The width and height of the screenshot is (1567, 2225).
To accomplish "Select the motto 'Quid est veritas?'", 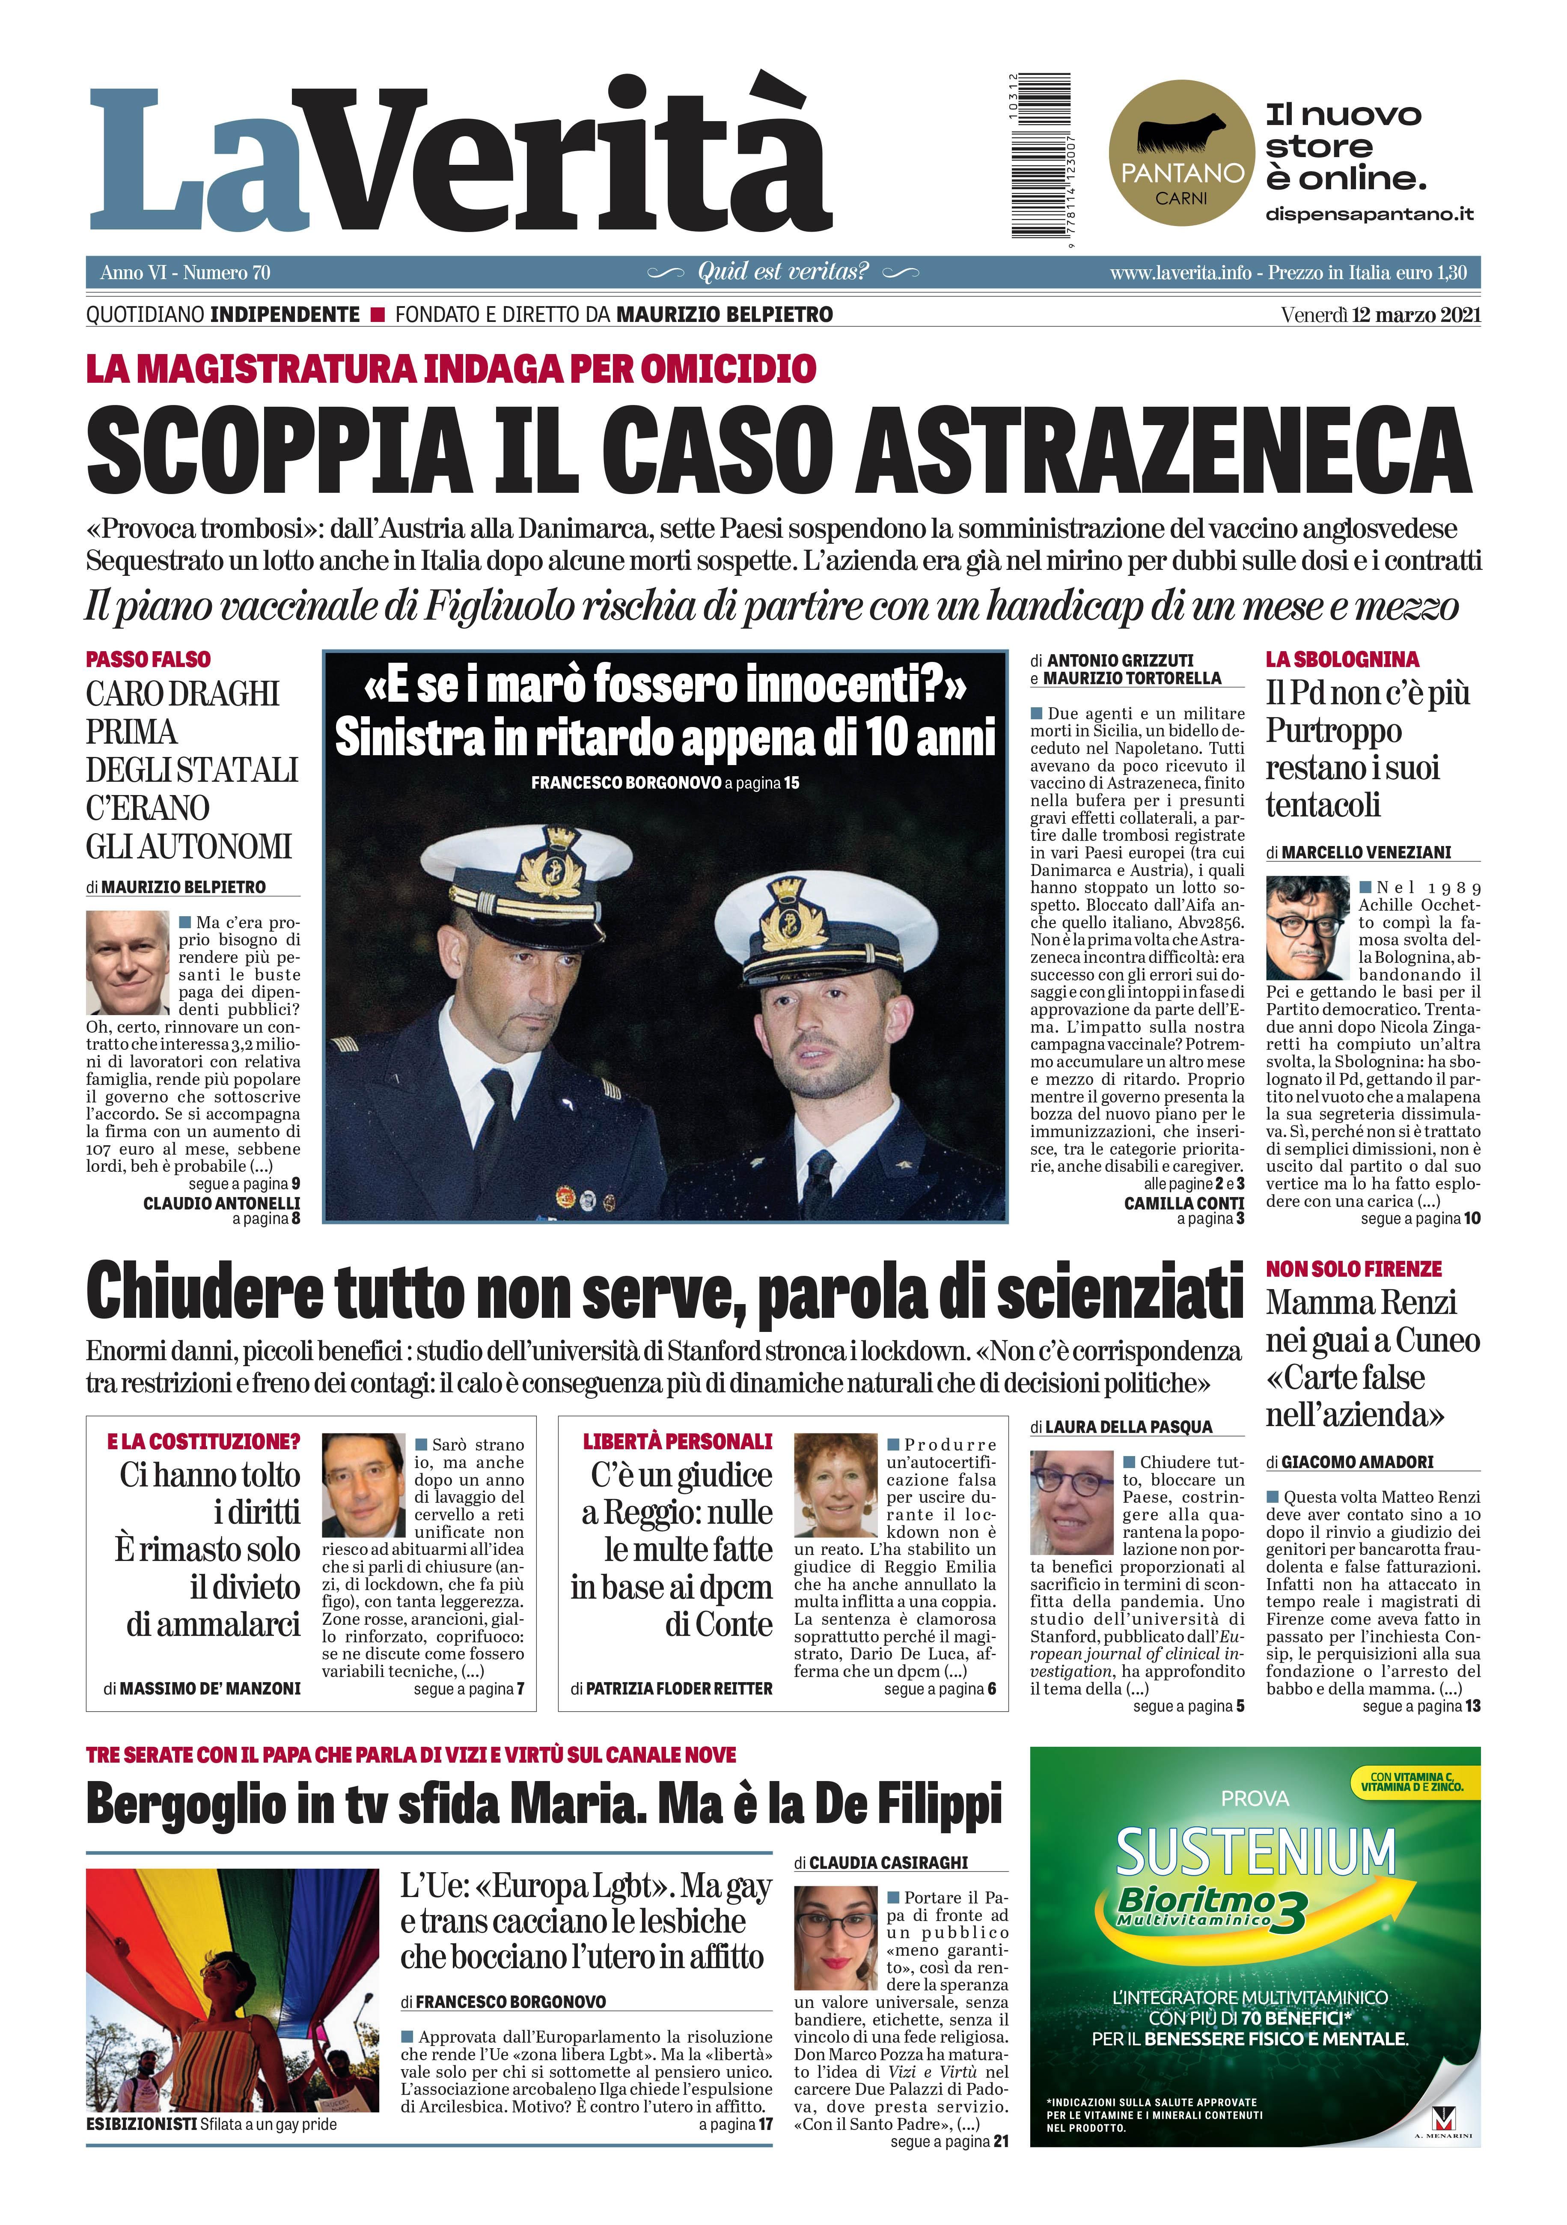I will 783,271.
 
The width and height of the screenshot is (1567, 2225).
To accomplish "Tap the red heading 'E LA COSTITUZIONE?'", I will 202,1441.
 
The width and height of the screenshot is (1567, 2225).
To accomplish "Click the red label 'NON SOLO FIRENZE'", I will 1353,1269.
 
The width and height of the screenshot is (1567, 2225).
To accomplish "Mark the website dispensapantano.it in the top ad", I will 1368,213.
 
